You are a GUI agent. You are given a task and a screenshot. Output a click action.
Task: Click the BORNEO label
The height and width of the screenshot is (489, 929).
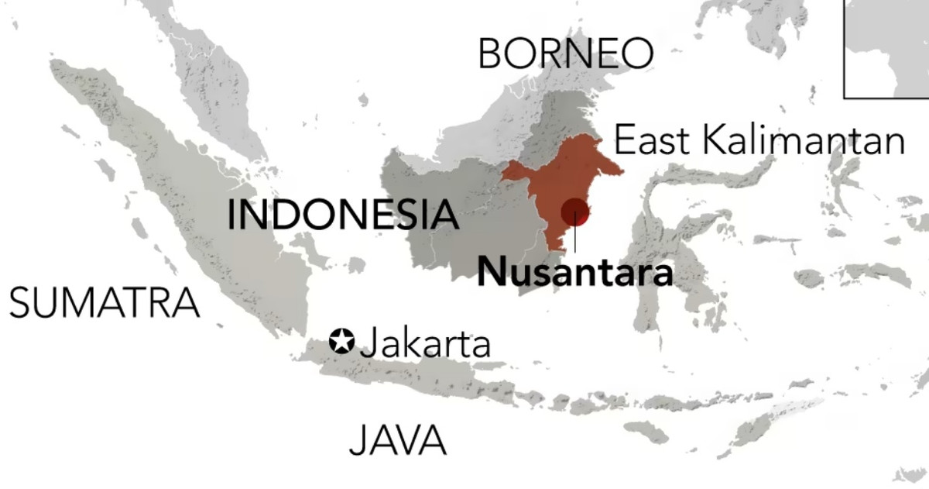point(565,53)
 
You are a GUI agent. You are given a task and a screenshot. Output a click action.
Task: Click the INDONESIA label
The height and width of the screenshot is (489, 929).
point(343,215)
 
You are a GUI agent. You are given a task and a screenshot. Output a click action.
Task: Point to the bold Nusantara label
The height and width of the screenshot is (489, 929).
point(574,273)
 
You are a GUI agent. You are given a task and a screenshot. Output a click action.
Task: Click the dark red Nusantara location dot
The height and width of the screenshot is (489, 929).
point(575,211)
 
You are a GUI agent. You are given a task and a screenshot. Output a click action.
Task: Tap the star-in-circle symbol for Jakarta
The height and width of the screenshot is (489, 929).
point(341,341)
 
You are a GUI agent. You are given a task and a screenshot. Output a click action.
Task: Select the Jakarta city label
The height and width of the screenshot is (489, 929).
point(425,343)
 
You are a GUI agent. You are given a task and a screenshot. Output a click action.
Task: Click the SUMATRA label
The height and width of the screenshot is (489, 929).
point(104,302)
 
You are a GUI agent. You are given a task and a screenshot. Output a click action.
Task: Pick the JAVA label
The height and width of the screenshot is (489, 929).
point(398,440)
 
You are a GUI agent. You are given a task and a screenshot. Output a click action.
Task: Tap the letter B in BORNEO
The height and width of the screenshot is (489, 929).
point(492,53)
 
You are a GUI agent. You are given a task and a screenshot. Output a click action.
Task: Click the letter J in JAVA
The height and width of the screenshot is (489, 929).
point(358,440)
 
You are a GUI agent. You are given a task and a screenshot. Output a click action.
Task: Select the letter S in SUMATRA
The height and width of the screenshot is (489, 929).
point(21,302)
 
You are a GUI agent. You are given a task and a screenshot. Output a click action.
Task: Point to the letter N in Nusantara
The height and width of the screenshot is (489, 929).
point(491,273)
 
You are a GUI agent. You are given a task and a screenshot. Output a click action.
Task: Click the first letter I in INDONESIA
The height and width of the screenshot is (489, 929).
point(231,215)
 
